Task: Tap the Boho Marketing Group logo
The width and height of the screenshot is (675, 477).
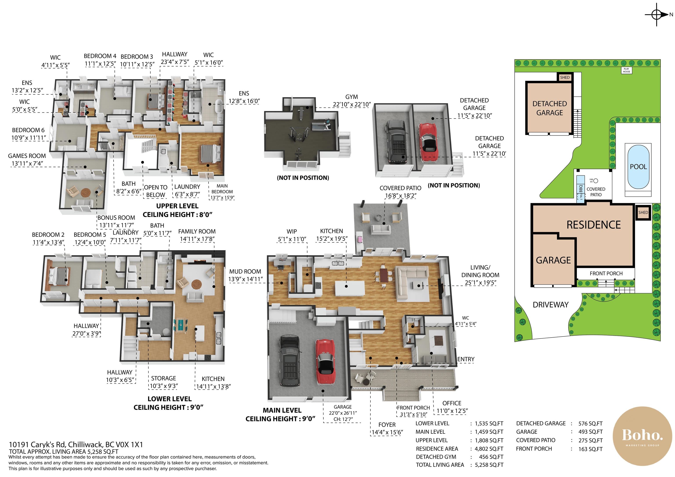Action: click(x=642, y=436)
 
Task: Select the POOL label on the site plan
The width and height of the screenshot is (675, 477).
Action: click(x=638, y=167)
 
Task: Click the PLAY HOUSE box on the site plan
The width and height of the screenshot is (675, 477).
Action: click(x=626, y=70)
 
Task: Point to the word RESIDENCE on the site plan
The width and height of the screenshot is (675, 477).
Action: click(x=593, y=225)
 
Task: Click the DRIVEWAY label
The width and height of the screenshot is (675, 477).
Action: click(x=551, y=305)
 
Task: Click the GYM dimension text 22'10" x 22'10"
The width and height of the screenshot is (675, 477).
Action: click(x=352, y=104)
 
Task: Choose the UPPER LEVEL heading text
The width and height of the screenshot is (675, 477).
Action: click(x=177, y=206)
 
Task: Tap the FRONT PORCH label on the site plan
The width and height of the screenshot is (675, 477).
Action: click(x=606, y=273)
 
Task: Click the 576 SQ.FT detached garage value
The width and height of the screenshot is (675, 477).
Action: click(x=590, y=423)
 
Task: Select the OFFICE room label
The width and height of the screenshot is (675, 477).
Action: click(x=452, y=403)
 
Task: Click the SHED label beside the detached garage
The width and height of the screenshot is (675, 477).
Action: click(x=565, y=77)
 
